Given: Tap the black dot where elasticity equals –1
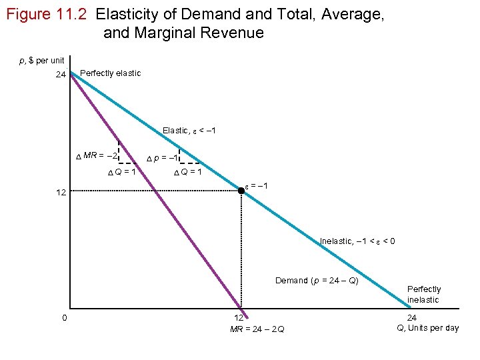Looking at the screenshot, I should [x=241, y=191].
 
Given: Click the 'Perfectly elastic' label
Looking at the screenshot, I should [x=110, y=73].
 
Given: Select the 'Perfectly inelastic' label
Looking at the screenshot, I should [x=424, y=294].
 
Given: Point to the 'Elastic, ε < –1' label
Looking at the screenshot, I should [x=189, y=130].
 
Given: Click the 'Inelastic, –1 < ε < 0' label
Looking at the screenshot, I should [x=357, y=241].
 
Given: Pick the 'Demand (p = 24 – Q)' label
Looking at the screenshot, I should [x=317, y=280].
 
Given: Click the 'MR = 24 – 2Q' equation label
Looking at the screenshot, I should [x=257, y=329].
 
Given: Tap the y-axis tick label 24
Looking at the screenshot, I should [x=61, y=75].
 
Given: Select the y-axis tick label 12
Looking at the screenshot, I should [x=61, y=192].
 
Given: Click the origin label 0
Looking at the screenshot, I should [x=64, y=317].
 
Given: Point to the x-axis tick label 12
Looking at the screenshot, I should [x=238, y=318].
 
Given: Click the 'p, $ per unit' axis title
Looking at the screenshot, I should [x=41, y=61].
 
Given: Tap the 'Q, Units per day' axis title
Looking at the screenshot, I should [x=427, y=327].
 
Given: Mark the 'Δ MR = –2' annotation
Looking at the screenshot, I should [x=97, y=155].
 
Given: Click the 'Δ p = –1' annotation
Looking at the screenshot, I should [x=161, y=158].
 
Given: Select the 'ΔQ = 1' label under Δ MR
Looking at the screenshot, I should [x=122, y=172].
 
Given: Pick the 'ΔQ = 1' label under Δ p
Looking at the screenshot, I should [x=187, y=172].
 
